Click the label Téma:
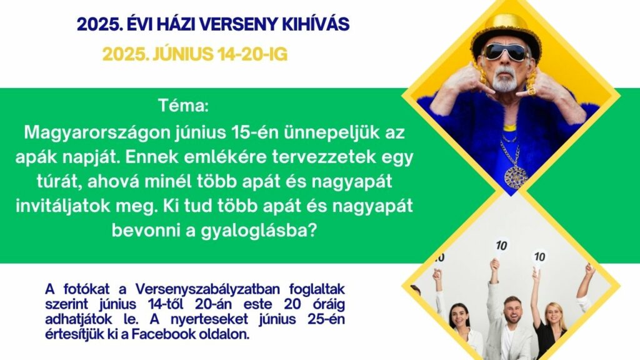(183, 106)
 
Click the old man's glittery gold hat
(506, 34)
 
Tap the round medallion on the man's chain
(516, 177)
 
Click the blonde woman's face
(554, 314)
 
